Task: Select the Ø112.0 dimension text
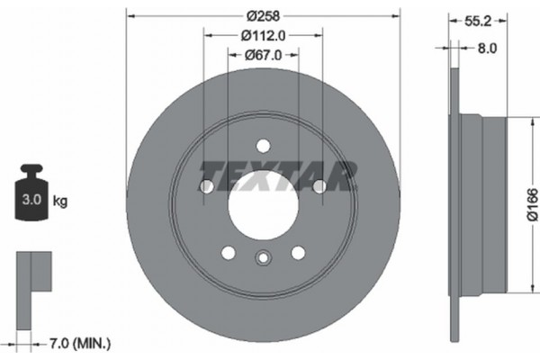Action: click(x=263, y=35)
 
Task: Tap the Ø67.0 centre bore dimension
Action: click(x=263, y=55)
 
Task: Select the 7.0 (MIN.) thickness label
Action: click(x=77, y=343)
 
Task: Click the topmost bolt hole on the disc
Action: click(x=263, y=144)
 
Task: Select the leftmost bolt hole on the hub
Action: click(x=206, y=185)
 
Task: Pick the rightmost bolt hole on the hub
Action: click(x=319, y=185)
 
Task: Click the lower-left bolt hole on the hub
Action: click(x=228, y=252)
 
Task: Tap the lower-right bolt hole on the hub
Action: click(x=297, y=252)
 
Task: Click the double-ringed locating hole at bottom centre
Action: click(x=262, y=259)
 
